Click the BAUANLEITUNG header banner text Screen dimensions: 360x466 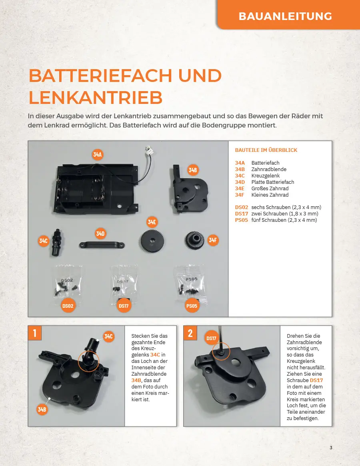click(285, 16)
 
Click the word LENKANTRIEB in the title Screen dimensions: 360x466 click(96, 97)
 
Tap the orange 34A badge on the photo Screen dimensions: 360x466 click(97, 154)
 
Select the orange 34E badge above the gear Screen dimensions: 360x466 click(152, 222)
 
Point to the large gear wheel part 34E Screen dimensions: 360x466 click(152, 241)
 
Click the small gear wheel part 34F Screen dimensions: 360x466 click(194, 240)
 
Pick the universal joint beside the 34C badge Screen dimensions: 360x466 click(57, 242)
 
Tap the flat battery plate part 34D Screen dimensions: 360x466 click(102, 245)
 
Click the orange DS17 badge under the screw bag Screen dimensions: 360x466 click(124, 306)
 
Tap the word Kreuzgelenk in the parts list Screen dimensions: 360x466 click(265, 175)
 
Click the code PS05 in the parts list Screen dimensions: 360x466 click(241, 220)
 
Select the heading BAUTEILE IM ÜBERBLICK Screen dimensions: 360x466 click(266, 150)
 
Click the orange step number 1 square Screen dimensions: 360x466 click(35, 333)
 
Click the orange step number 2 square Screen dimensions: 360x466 click(190, 333)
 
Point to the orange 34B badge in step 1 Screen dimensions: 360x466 click(42, 409)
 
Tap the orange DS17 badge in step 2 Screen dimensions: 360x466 click(211, 338)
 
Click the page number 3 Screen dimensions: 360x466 click(331, 448)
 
